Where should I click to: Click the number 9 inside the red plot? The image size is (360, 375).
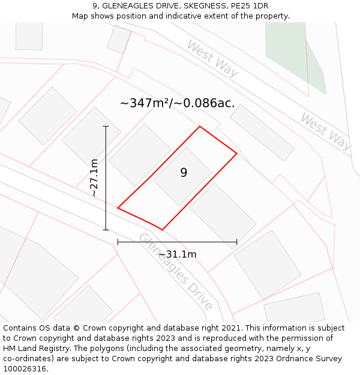point(184,173)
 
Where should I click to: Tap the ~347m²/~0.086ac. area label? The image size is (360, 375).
point(177,103)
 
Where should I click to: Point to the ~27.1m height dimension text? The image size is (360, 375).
point(94,177)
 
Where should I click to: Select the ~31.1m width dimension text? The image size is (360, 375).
point(178,254)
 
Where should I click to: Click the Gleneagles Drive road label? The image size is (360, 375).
point(175,271)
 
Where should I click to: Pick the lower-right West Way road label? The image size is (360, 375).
point(325,131)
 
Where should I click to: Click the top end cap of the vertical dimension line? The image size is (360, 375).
point(106,127)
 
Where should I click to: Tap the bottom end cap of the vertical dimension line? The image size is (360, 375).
point(106,230)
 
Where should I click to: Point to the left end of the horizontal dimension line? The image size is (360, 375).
point(118,242)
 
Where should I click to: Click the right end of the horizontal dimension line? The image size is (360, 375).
point(237,242)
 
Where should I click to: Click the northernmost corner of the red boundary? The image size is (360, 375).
point(200,127)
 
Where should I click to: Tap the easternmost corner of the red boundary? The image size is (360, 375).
point(237,154)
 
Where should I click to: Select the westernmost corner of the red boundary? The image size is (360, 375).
point(118,208)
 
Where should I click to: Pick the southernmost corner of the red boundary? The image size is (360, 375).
point(162,230)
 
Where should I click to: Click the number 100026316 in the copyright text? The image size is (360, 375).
point(25,368)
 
